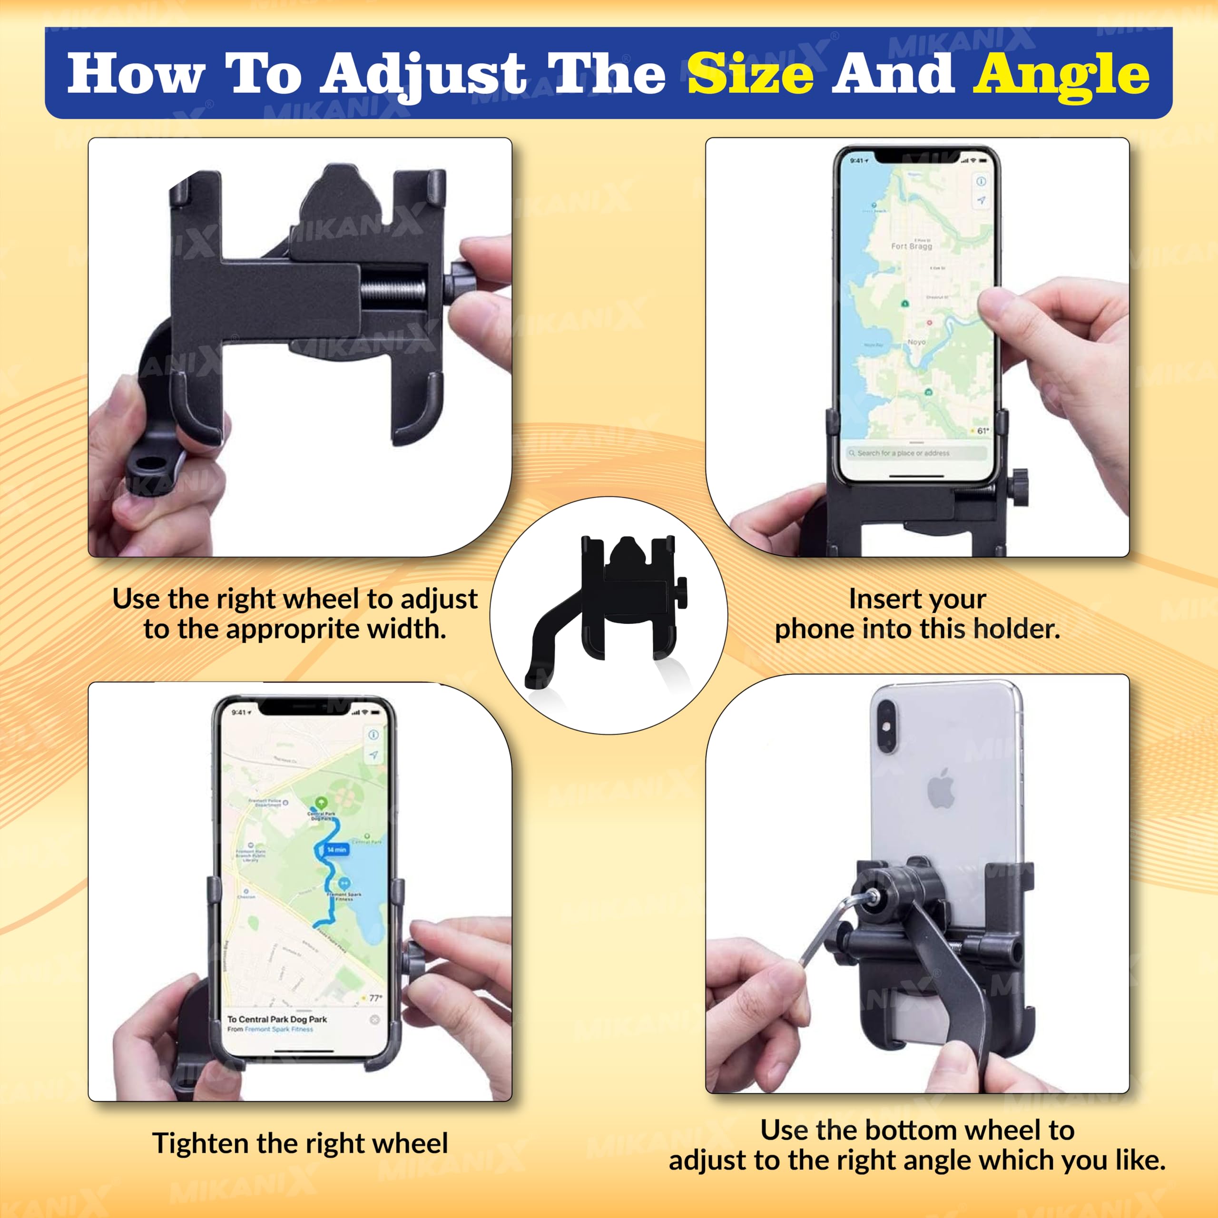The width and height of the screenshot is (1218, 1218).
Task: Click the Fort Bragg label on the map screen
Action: tap(911, 246)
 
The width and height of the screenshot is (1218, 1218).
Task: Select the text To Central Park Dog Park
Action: tap(277, 1019)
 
